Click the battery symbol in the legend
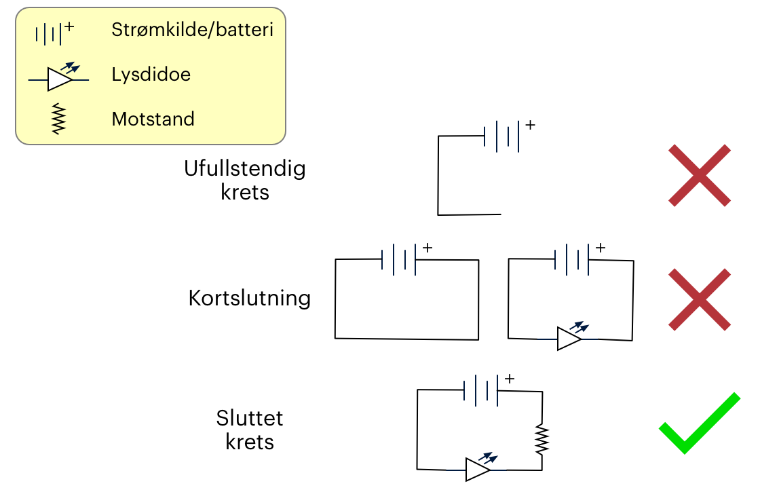(52, 33)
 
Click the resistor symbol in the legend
(60, 119)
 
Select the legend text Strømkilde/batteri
(193, 30)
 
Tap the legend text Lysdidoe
(151, 74)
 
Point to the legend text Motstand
(153, 119)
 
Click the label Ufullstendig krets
(245, 180)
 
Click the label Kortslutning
(250, 299)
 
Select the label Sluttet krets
(250, 430)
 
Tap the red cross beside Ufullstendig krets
(699, 175)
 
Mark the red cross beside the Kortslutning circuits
(699, 299)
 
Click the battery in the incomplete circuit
(502, 136)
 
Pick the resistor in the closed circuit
(541, 439)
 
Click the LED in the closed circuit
(478, 469)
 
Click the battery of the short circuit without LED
(399, 260)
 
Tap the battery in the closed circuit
(482, 390)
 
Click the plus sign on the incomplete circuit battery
(530, 126)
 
